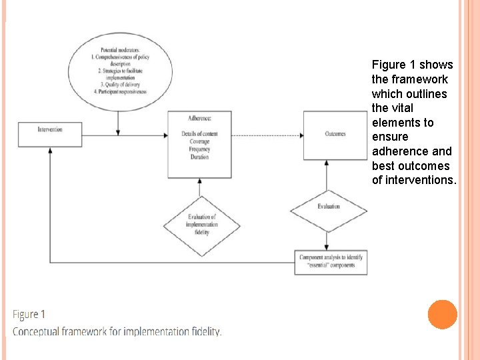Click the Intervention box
click(50, 134)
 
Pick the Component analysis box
click(331, 261)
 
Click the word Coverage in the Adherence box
click(199, 142)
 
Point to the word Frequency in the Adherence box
click(199, 149)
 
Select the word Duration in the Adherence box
click(199, 157)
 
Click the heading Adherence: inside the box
click(199, 119)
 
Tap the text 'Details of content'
click(199, 134)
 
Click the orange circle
click(442, 314)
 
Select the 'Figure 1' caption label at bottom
click(29, 315)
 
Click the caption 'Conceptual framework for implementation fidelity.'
click(117, 331)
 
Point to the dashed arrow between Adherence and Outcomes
click(267, 135)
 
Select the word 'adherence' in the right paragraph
click(399, 151)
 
